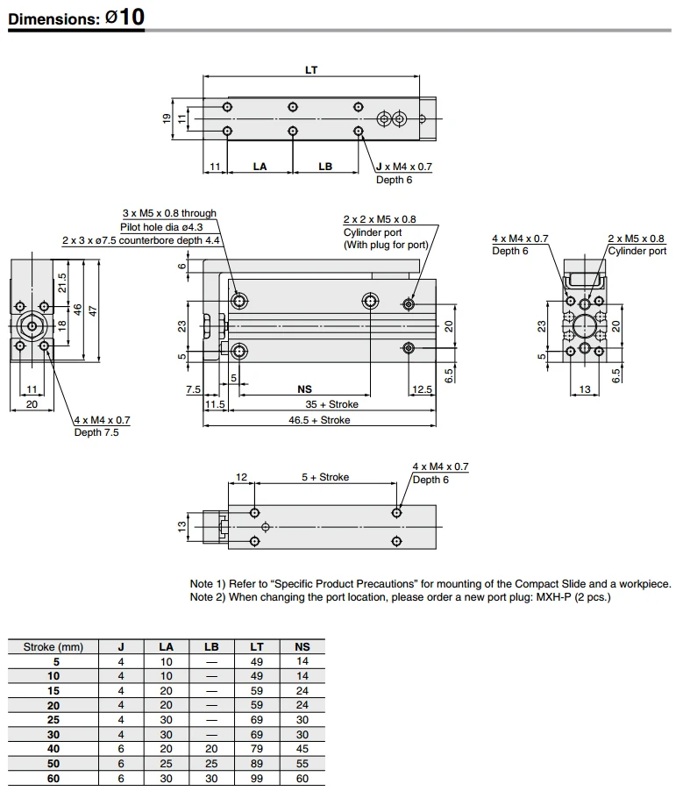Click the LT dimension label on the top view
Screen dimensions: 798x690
tap(311, 69)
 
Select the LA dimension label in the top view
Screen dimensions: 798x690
tap(260, 166)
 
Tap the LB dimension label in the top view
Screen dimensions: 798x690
tap(325, 166)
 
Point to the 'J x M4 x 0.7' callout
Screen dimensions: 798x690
tap(403, 167)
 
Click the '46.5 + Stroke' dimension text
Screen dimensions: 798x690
tap(320, 420)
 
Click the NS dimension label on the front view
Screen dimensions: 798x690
tap(306, 389)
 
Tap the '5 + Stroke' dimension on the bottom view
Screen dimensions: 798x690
tap(325, 477)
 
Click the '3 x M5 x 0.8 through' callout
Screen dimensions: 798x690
tap(168, 213)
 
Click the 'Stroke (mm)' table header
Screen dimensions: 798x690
tap(53, 647)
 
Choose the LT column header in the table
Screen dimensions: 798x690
tap(257, 647)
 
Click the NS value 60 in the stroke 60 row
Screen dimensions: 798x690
tap(303, 778)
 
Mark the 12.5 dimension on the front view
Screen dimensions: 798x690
tap(422, 389)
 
